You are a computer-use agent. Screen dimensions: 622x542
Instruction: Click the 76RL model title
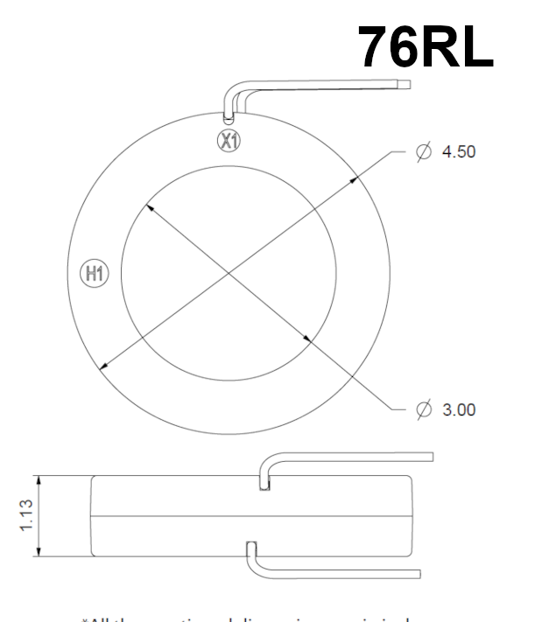pyautogui.click(x=426, y=48)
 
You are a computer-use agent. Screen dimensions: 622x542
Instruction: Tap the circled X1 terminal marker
pyautogui.click(x=229, y=141)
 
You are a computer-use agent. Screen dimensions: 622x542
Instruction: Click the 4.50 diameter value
pyautogui.click(x=459, y=151)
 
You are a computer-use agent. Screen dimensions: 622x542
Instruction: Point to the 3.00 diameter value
pyautogui.click(x=459, y=409)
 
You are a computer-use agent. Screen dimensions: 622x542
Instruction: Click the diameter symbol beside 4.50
pyautogui.click(x=425, y=151)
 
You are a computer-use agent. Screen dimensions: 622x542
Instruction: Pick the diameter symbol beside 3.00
pyautogui.click(x=425, y=409)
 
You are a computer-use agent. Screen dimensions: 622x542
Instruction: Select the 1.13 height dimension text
pyautogui.click(x=28, y=516)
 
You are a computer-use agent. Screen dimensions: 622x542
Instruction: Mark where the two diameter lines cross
pyautogui.click(x=229, y=273)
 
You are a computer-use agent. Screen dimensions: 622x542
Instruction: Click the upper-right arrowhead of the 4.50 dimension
pyautogui.click(x=356, y=179)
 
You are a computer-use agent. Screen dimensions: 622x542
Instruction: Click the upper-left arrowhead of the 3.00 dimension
pyautogui.click(x=149, y=207)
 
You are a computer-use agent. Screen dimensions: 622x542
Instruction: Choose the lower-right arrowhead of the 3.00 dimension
pyautogui.click(x=307, y=339)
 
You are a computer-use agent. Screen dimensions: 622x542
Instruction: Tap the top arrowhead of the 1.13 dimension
pyautogui.click(x=38, y=480)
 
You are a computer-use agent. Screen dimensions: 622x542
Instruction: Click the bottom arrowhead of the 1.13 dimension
pyautogui.click(x=38, y=552)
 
